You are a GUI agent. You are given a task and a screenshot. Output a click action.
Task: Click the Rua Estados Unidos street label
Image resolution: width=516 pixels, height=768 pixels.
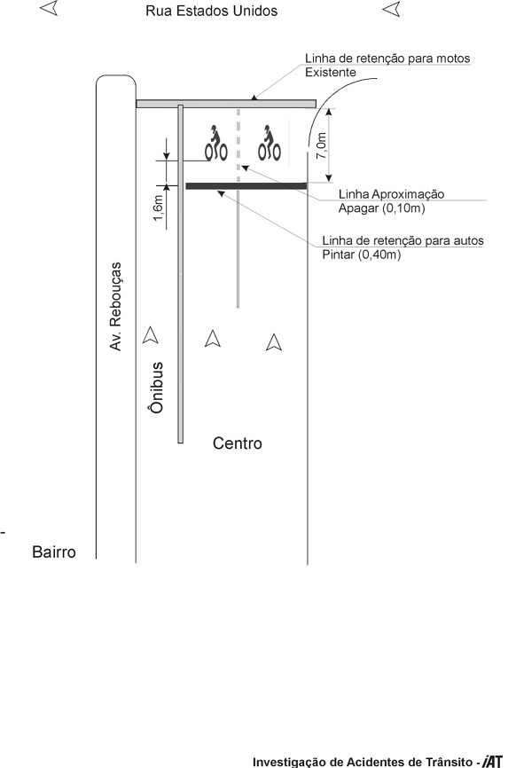click(x=212, y=11)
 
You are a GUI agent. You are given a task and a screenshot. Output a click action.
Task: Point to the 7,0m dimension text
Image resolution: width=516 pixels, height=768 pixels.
click(x=321, y=145)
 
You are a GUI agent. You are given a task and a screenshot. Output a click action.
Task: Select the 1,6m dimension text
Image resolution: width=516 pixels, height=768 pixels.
click(x=158, y=208)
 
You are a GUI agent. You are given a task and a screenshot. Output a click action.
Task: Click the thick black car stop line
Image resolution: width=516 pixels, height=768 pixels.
click(x=246, y=186)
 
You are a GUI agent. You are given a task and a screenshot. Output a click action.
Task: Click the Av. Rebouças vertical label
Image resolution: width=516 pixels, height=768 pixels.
click(x=115, y=307)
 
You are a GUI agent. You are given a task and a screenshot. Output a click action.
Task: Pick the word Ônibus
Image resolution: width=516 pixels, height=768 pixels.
click(x=156, y=388)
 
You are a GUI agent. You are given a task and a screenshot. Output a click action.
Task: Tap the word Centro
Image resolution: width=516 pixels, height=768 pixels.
click(x=238, y=443)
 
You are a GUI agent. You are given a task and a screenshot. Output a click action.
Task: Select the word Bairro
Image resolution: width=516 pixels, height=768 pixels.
click(x=54, y=552)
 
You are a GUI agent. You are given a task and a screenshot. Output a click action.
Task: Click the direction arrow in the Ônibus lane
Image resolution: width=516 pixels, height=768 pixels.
click(x=151, y=335)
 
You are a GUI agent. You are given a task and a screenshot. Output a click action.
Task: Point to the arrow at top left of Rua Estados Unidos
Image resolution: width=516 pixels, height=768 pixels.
click(x=49, y=8)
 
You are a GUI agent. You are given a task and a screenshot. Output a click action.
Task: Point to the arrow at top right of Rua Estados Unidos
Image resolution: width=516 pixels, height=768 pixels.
click(x=391, y=9)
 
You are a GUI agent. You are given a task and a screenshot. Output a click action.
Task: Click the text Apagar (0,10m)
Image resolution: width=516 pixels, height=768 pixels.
click(x=382, y=208)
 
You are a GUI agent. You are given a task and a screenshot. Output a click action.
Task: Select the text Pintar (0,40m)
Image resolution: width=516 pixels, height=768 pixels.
click(x=362, y=255)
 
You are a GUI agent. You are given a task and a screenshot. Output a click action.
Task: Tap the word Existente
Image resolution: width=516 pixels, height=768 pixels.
click(x=331, y=73)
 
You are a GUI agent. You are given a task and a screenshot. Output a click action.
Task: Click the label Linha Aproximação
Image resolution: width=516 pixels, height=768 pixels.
click(x=392, y=194)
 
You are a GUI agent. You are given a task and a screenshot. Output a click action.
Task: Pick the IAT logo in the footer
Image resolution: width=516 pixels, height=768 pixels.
click(x=492, y=762)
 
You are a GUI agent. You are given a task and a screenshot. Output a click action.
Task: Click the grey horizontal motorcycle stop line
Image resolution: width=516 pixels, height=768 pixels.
click(x=226, y=104)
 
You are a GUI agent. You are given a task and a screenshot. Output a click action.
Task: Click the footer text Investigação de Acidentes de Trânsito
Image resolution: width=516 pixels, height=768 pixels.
click(x=363, y=762)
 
